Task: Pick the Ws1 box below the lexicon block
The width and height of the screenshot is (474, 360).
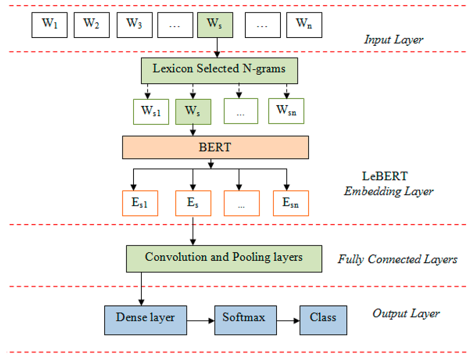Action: (151, 111)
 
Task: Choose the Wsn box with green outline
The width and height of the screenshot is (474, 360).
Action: (286, 111)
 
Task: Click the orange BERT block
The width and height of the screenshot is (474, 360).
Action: (215, 148)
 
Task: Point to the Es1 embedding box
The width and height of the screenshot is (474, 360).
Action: (140, 204)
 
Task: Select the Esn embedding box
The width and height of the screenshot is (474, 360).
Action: (291, 204)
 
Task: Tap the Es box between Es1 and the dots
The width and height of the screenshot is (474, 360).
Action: (193, 204)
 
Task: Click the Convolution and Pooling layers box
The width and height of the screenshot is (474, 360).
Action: (224, 258)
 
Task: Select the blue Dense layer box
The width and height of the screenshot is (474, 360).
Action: (145, 319)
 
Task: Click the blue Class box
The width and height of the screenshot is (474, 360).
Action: (323, 319)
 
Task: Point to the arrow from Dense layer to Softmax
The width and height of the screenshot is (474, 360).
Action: (201, 321)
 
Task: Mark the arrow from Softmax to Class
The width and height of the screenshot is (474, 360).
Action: (288, 321)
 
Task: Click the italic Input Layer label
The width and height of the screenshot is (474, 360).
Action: (393, 40)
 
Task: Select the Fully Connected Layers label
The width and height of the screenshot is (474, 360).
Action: (397, 259)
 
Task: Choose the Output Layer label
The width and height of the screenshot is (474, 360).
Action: (406, 313)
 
